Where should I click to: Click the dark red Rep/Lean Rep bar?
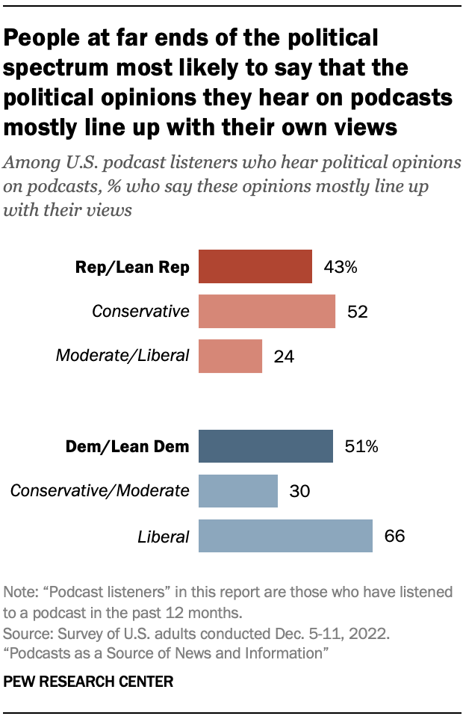coord(255,267)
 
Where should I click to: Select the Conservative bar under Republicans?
coord(267,311)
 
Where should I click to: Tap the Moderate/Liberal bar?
coord(230,356)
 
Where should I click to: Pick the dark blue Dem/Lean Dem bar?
coord(265,447)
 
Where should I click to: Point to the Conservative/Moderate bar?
coord(237,491)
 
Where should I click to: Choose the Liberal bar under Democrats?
coord(285,536)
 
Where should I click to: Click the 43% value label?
coord(341,268)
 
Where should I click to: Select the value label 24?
coord(284,357)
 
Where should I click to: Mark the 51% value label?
coord(362,448)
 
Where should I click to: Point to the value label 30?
coord(299,492)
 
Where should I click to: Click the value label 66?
coord(394,537)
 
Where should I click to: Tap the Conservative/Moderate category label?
coord(99,492)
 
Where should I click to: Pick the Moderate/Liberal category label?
coord(122,357)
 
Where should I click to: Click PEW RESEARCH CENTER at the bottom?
coord(88,681)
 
